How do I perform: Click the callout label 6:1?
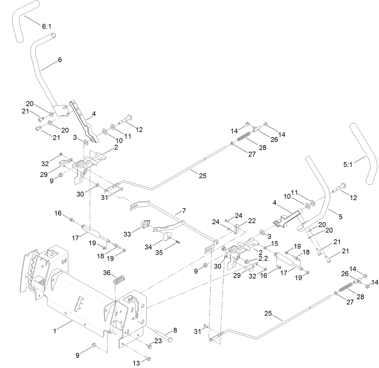tap(47, 26)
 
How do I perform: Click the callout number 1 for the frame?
tap(55, 331)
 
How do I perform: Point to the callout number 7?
tap(184, 211)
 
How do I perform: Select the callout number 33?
tap(127, 234)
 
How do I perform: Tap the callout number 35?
tap(159, 252)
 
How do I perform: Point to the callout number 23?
tap(158, 341)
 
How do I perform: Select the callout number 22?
tap(252, 221)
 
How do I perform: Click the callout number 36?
tap(107, 273)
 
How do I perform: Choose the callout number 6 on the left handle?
tap(60, 60)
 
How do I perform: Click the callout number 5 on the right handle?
tap(340, 216)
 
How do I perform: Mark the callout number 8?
tap(175, 330)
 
